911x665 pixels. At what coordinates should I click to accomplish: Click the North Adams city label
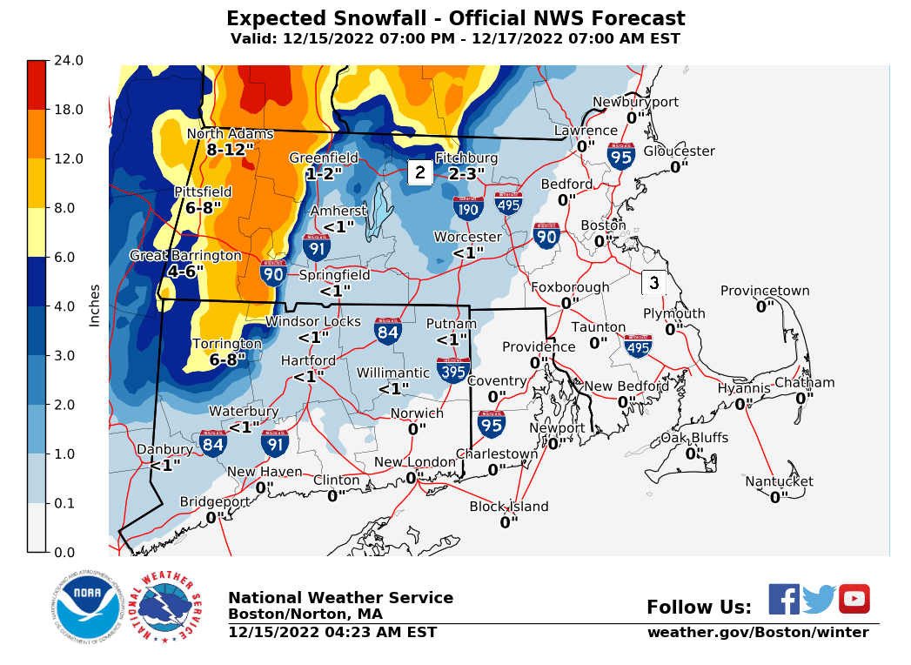[x=231, y=134]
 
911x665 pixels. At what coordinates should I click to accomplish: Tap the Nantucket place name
[x=779, y=481]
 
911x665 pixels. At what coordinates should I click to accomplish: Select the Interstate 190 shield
[x=468, y=207]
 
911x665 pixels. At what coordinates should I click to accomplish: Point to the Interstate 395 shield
[x=453, y=370]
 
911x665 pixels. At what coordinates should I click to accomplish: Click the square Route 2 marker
[x=419, y=172]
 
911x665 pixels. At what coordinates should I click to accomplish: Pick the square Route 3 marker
[x=653, y=283]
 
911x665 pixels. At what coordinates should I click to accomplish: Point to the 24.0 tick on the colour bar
[x=68, y=61]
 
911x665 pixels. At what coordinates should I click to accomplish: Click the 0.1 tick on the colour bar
[x=68, y=503]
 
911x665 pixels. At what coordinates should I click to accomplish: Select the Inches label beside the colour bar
[x=95, y=306]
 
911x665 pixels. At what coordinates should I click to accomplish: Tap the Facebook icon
[x=784, y=599]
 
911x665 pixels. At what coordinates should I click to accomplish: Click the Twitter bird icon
[x=819, y=599]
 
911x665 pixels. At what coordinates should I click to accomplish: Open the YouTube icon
[x=854, y=599]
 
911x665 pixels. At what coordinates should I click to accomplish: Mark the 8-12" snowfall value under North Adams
[x=231, y=150]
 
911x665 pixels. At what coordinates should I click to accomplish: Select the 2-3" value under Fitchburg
[x=466, y=174]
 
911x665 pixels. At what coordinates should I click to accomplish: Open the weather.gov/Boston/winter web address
[x=757, y=633]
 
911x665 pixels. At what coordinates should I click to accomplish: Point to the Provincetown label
[x=765, y=292]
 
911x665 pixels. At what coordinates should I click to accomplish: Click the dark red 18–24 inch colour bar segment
[x=37, y=84]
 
